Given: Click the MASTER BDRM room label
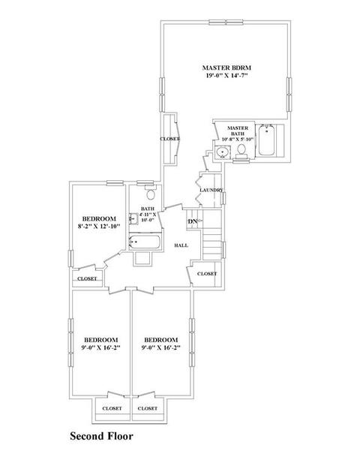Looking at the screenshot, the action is (226, 68).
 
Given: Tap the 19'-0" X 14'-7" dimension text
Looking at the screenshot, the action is (227, 76).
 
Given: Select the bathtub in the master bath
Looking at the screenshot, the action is (266, 140).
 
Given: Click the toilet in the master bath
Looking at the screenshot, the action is (241, 151).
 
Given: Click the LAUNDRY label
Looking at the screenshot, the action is (211, 190).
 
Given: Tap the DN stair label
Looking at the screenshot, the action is (192, 221).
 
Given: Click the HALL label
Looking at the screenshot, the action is (181, 245).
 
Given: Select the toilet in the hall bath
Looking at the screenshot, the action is (151, 193).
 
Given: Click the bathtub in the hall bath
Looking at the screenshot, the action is (145, 242).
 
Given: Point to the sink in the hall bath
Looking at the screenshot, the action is (133, 219).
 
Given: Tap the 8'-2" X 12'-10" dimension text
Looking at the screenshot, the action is (99, 226).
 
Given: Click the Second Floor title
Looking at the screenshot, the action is (101, 436).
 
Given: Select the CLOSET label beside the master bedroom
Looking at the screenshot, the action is (170, 139).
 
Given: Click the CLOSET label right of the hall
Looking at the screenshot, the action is (207, 274).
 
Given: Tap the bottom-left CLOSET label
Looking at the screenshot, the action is (112, 408).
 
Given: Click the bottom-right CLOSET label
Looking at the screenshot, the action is (147, 408).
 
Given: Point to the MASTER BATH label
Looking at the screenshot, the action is (238, 131).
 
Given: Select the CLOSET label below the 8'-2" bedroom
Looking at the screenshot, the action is (87, 278).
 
